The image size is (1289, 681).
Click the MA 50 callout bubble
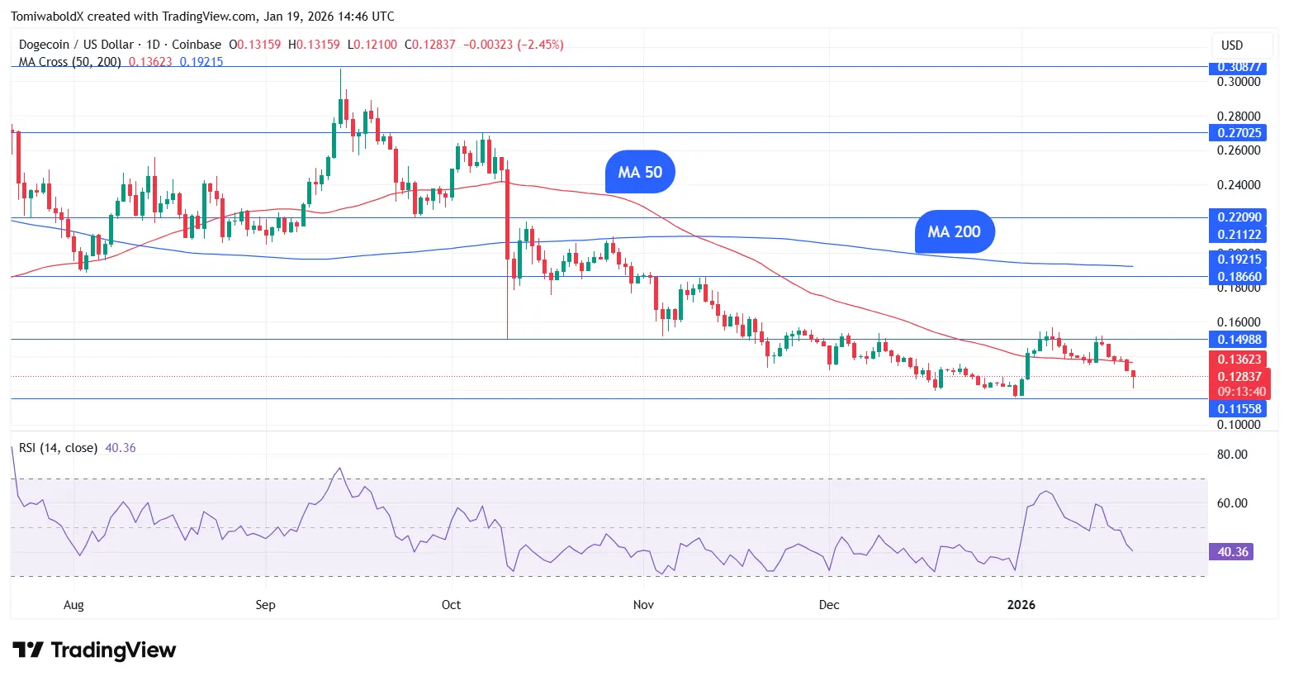coord(640,172)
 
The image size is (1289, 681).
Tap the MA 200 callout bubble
coord(954,232)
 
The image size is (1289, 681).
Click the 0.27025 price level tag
coord(1239,133)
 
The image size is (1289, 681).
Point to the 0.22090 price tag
coord(1239,217)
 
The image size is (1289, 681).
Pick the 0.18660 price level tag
coord(1239,277)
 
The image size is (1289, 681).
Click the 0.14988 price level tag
coord(1239,339)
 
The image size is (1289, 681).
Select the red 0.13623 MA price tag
coord(1239,360)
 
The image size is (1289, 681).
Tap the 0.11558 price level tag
coord(1239,408)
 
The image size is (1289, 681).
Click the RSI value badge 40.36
coord(1231,551)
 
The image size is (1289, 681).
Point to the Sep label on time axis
coord(265,605)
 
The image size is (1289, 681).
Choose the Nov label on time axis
coord(643,605)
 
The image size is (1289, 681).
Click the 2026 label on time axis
coord(1021,605)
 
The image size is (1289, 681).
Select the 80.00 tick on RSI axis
coord(1232,455)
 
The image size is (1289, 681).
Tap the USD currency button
coord(1232,45)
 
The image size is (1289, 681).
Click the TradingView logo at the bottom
coord(94,650)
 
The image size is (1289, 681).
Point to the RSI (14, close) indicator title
coord(58,448)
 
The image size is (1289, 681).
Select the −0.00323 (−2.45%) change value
coord(513,45)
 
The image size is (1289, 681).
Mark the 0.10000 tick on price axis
coord(1239,425)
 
